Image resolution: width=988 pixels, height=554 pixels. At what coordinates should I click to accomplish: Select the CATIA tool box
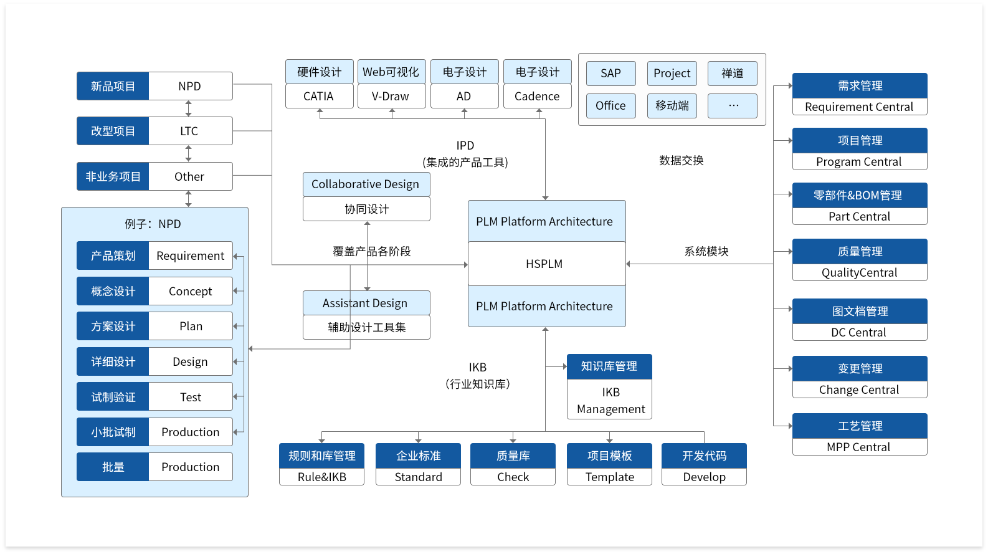pos(319,97)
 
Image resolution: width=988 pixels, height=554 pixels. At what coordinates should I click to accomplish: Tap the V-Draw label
pos(391,97)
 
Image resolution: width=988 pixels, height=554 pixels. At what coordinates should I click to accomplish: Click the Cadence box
pos(537,97)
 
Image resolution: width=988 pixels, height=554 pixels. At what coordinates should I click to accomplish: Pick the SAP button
pos(610,74)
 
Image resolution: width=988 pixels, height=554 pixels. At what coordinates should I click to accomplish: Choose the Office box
pos(610,106)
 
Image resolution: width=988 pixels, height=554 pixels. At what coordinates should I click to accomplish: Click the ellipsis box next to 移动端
pos(733,106)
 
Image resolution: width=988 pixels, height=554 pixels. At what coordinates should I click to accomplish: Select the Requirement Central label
pos(859,107)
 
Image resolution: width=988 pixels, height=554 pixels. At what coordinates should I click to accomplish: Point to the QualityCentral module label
pos(859,273)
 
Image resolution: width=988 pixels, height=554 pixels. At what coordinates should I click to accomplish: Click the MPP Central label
pos(859,447)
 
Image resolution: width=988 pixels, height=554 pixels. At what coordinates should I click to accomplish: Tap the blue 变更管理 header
pos(859,369)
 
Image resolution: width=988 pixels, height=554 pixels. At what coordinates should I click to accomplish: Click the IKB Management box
pos(610,400)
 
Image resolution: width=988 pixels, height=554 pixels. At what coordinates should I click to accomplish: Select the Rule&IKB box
pos(321,477)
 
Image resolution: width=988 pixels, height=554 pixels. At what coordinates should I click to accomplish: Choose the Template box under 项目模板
pos(609,477)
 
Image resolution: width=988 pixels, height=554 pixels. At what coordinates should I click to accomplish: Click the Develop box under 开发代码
pos(704,477)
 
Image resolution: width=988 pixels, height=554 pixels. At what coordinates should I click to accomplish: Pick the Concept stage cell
pos(190,292)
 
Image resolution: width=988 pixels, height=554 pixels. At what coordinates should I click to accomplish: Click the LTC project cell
pos(189,131)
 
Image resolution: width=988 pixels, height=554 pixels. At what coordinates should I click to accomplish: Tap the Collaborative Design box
pos(366,184)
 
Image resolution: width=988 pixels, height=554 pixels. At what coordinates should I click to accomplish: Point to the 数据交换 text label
pos(681,161)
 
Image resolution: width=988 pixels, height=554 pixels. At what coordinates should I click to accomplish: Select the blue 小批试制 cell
pos(113,432)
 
